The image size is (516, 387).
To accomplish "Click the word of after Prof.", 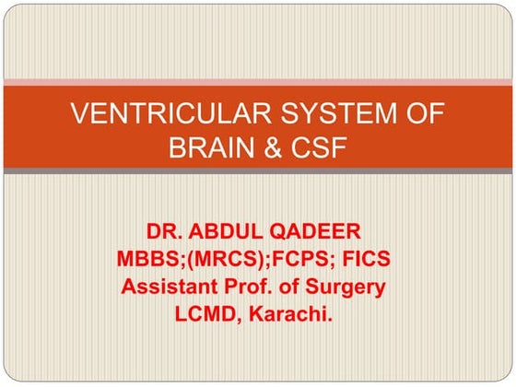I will pos(299,287).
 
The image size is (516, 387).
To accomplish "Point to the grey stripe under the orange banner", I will pos(258,171).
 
